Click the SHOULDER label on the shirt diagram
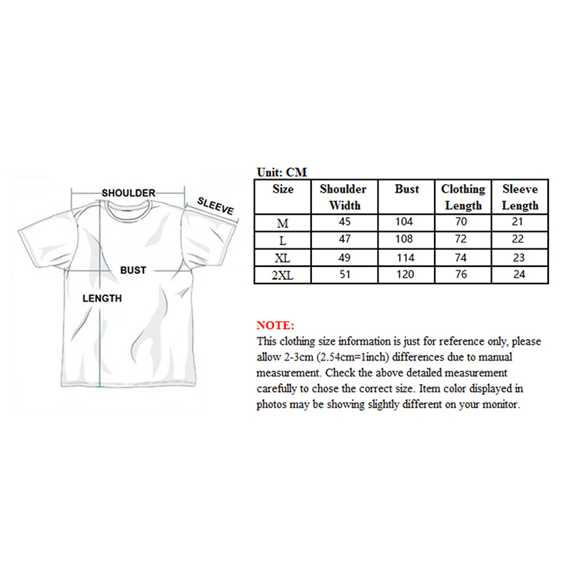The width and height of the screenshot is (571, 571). click(128, 193)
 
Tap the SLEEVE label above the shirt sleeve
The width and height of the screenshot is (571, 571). click(216, 206)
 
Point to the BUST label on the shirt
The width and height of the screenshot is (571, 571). click(133, 271)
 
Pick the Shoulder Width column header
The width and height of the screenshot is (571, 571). click(343, 197)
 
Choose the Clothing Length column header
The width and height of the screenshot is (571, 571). click(463, 197)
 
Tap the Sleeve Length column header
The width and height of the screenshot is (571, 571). click(520, 197)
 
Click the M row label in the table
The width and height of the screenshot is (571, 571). click(283, 223)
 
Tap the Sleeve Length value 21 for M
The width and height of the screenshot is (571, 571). click(520, 223)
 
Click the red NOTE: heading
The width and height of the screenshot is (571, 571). click(275, 325)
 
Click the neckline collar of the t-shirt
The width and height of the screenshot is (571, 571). click(128, 208)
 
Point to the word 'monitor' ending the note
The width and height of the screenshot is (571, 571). click(502, 405)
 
